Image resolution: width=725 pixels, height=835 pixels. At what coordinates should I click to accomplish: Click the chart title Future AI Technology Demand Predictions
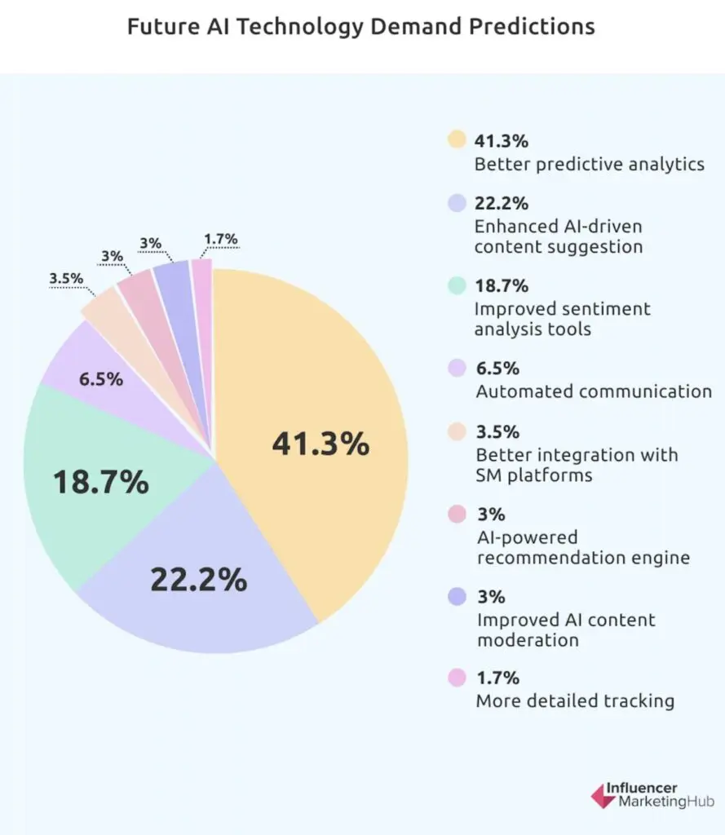(x=361, y=26)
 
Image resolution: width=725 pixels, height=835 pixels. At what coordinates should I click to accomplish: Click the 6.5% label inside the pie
(x=101, y=379)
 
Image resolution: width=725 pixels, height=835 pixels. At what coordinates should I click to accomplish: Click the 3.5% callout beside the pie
(x=66, y=279)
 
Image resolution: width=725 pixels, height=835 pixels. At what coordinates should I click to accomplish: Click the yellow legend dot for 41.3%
(x=456, y=140)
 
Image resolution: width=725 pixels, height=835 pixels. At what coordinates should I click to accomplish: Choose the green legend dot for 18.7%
(x=456, y=285)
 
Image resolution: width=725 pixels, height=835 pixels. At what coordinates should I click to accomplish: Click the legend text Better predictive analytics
(x=589, y=164)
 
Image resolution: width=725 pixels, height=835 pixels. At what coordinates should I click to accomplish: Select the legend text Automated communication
(x=593, y=391)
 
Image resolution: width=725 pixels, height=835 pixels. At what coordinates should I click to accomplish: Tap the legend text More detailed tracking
(x=574, y=700)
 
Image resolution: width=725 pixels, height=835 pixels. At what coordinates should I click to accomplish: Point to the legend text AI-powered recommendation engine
(x=582, y=548)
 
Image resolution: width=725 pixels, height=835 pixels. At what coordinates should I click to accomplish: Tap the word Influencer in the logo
(x=641, y=788)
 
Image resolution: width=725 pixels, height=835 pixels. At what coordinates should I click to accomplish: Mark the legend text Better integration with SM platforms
(x=576, y=464)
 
